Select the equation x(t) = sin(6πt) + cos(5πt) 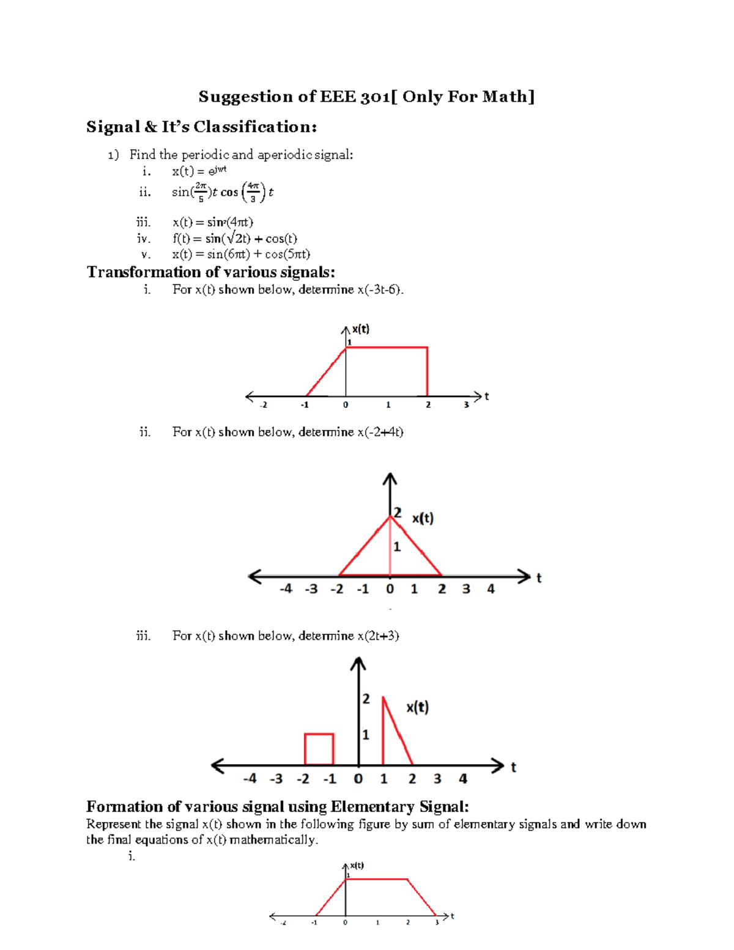[241, 254]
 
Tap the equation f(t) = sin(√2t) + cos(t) [235, 239]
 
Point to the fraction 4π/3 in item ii [253, 191]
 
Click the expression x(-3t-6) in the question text [379, 289]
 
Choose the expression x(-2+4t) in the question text [380, 432]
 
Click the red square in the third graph [319, 749]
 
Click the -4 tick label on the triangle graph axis [286, 589]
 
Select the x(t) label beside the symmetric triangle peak [422, 519]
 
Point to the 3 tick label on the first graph [466, 405]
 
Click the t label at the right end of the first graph [487, 396]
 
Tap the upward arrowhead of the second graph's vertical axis [390, 478]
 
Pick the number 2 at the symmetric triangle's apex [398, 513]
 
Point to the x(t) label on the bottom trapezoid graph [357, 866]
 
